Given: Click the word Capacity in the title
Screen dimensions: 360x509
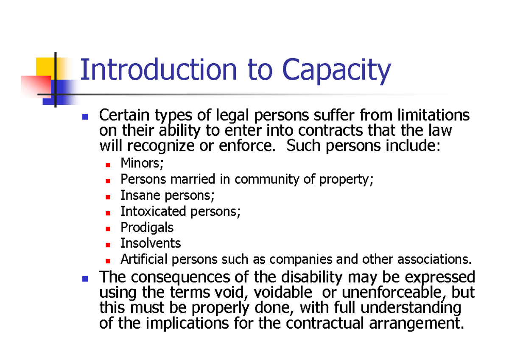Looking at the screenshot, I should click(x=336, y=71).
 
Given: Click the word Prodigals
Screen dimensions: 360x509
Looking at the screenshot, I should click(x=147, y=228).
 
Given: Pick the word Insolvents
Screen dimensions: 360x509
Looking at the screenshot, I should click(x=151, y=243).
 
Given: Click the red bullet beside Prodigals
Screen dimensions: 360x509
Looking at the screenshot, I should click(x=108, y=229).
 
